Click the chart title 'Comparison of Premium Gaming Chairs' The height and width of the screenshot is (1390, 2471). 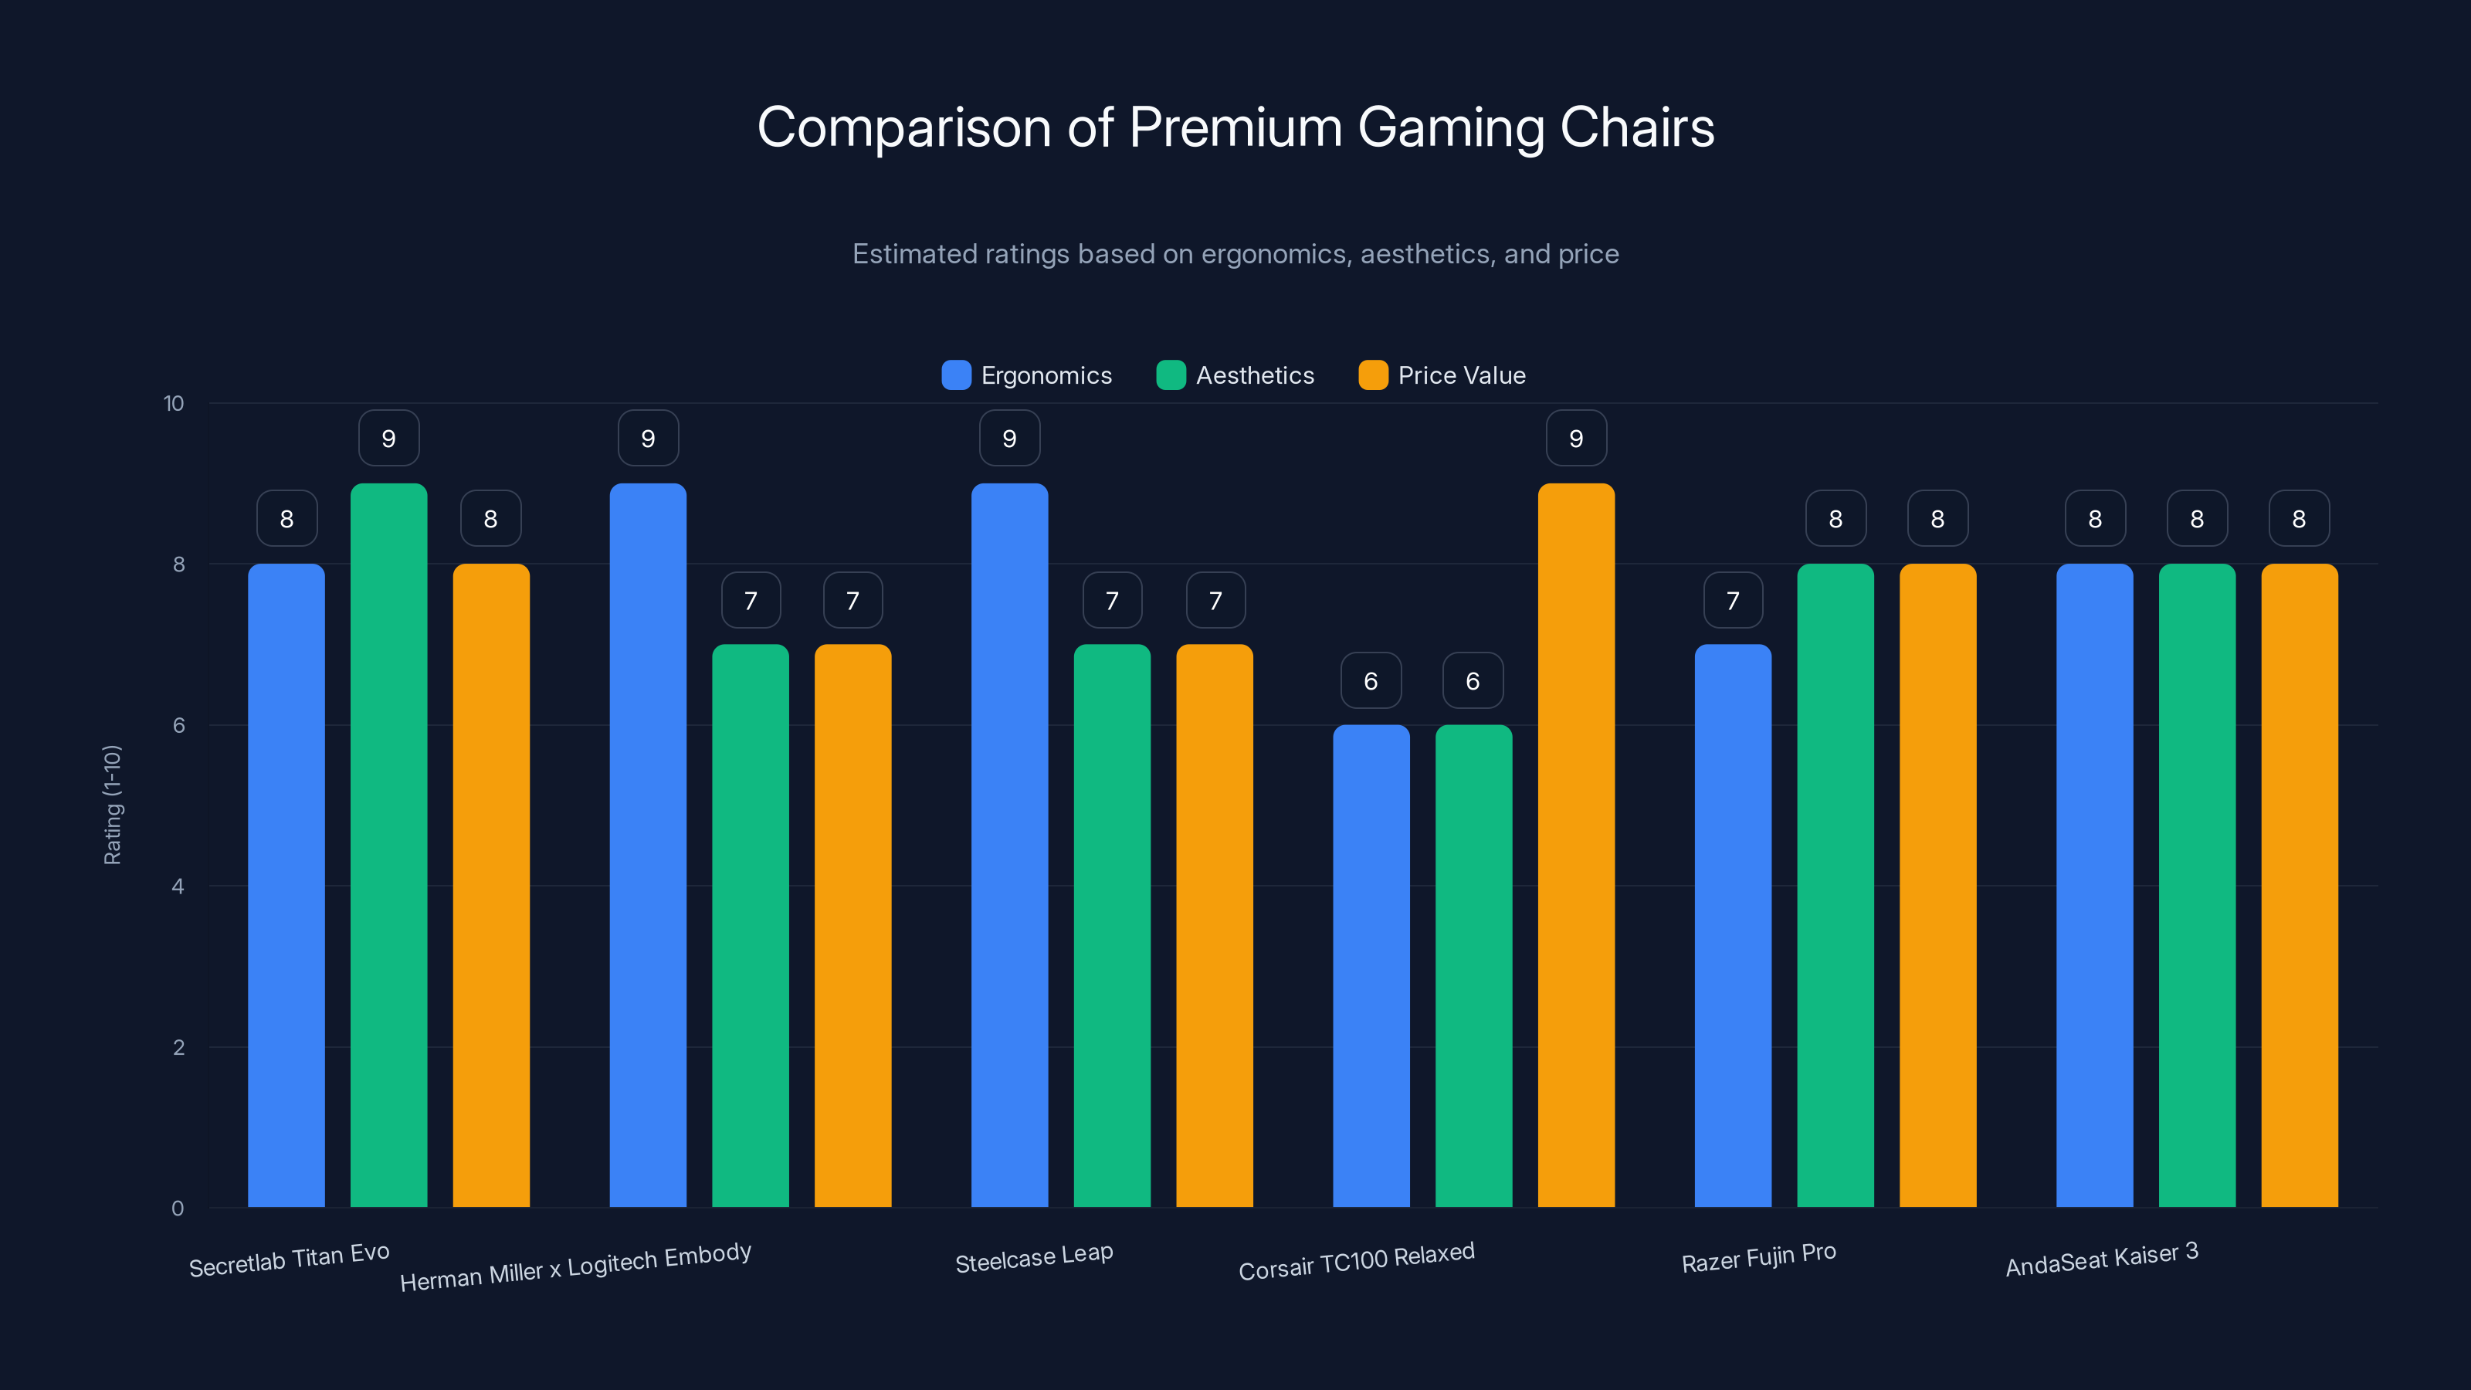1235,127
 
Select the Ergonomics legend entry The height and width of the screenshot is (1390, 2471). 1026,375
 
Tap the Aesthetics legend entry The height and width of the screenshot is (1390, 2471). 1235,375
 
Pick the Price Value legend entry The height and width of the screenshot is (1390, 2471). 1442,375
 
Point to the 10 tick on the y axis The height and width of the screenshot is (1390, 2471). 174,403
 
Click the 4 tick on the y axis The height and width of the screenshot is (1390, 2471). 178,887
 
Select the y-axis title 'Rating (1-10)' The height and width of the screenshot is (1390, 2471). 112,805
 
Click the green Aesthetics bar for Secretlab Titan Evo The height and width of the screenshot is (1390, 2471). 388,844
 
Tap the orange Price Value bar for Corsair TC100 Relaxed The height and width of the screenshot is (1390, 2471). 1576,844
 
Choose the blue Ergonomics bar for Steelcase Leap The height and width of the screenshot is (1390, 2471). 1009,844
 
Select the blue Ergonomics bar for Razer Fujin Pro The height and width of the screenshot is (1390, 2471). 1732,926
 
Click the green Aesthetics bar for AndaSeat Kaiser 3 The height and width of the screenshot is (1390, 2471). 2197,884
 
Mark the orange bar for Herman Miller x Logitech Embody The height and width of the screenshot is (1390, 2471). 852,926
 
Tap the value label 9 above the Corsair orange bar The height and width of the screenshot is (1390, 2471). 1576,439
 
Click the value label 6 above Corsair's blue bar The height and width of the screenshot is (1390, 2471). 1371,681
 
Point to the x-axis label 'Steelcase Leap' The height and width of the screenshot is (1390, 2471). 1034,1258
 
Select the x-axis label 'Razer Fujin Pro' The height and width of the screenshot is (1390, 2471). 1758,1258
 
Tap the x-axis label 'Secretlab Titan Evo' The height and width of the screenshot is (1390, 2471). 289,1259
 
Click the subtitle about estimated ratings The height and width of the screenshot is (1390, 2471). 1235,254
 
